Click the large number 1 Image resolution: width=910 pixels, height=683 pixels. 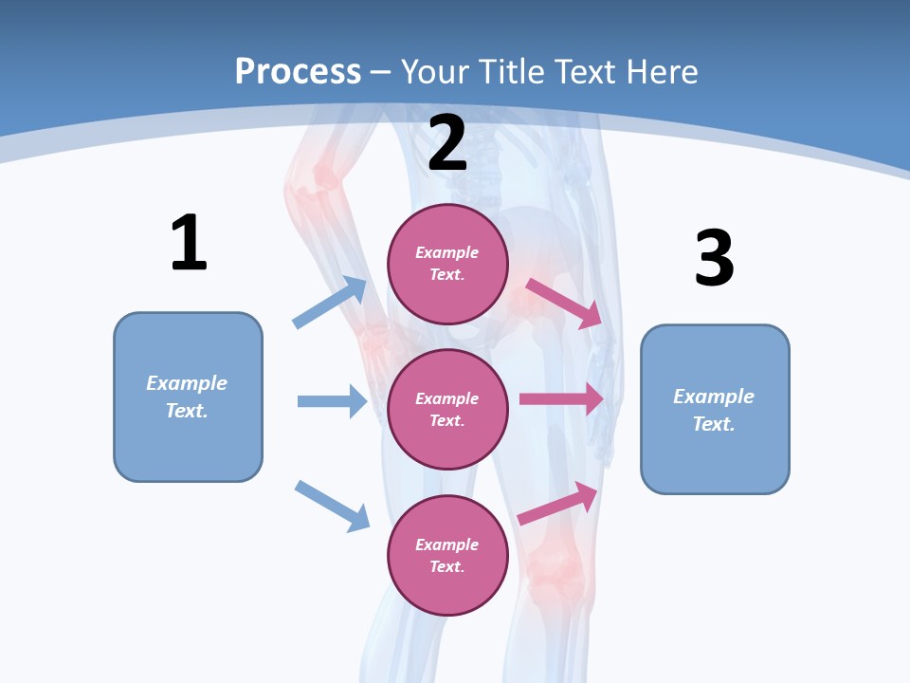pos(189,243)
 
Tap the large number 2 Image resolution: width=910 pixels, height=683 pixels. pos(447,143)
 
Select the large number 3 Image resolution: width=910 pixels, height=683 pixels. pos(714,258)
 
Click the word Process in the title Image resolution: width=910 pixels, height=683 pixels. pos(298,71)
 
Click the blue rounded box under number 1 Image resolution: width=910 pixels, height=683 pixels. pos(188,397)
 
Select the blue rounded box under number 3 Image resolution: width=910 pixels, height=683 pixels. pos(715,409)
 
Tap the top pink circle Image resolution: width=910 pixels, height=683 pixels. pos(447,264)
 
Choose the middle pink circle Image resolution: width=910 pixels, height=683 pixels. pos(447,409)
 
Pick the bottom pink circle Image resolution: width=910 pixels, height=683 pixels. pos(447,555)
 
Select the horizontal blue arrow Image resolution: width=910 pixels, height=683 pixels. pos(332,401)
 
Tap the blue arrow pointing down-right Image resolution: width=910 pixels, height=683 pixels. pos(332,506)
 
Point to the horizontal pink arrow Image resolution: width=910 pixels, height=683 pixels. pos(561,399)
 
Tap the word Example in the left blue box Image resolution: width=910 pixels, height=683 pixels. pos(187,383)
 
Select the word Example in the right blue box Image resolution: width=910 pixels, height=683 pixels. pos(714,397)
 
